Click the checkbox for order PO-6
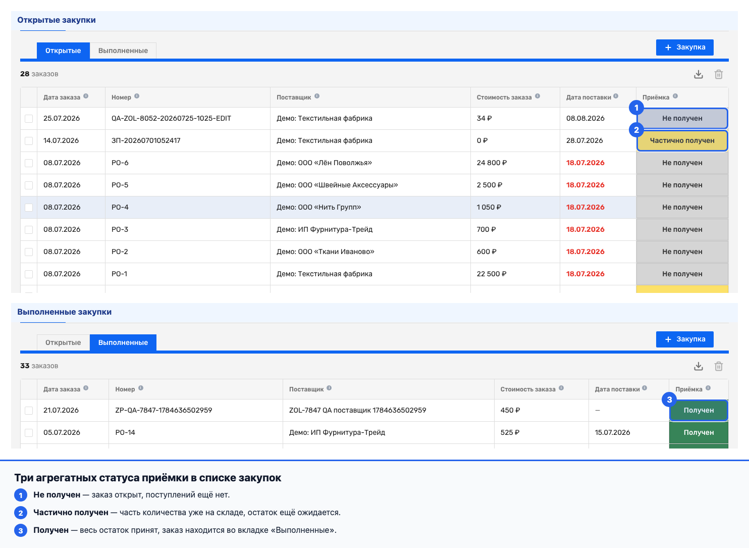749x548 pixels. (29, 163)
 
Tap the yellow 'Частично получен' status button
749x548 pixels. (682, 140)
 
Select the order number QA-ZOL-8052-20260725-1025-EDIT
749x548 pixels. (171, 118)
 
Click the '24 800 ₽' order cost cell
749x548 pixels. (492, 163)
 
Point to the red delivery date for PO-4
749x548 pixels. (585, 208)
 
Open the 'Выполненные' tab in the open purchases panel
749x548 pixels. (123, 51)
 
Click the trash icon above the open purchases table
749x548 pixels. (719, 74)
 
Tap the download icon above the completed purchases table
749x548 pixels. (698, 366)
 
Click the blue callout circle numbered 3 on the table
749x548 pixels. (669, 400)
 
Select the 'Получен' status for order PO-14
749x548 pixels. (699, 432)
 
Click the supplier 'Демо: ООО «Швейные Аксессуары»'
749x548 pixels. (337, 185)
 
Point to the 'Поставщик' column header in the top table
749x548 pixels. (294, 97)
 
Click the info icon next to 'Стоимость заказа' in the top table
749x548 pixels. (538, 96)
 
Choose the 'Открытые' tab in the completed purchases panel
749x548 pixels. (63, 342)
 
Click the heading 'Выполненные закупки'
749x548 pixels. (65, 312)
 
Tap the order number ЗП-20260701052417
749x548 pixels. (146, 140)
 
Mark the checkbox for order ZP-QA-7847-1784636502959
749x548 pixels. (29, 411)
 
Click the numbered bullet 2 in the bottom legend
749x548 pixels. (21, 513)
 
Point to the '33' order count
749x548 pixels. (25, 366)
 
